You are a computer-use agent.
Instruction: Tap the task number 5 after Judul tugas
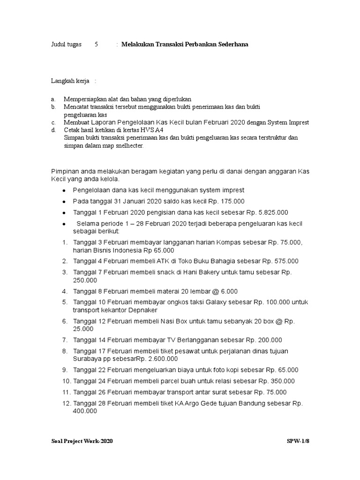[96, 45]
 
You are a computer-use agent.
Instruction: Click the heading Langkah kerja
[70, 81]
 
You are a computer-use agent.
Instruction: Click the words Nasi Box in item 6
[176, 321]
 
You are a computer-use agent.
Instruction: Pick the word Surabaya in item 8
[88, 359]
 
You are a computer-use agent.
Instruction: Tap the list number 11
[66, 392]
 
